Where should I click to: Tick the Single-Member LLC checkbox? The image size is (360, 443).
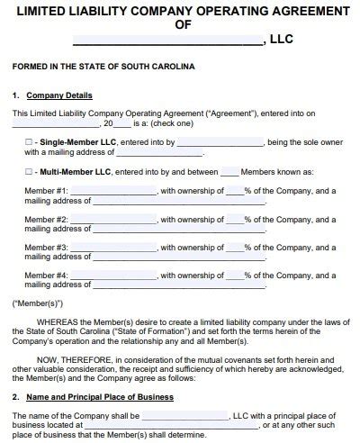tap(29, 142)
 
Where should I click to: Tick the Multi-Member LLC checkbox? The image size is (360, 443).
tap(29, 170)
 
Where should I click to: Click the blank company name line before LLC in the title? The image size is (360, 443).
tap(168, 41)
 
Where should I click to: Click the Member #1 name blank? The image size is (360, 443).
tap(112, 191)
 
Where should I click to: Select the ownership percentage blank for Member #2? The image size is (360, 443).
tap(234, 219)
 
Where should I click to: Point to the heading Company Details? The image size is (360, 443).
tap(58, 95)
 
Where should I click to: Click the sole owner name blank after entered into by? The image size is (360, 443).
tap(220, 142)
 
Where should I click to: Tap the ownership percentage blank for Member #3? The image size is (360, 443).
tap(234, 246)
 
